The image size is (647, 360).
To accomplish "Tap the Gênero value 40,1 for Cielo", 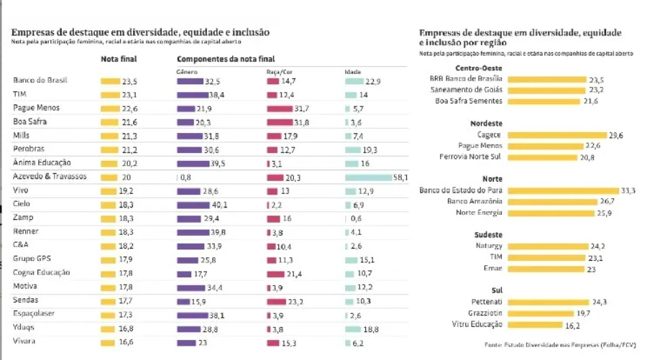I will [217, 205].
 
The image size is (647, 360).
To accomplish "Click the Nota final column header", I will [119, 58].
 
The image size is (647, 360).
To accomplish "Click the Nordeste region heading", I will [485, 124].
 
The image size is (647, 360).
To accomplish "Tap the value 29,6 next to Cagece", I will [596, 135].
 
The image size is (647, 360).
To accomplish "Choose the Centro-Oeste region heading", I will [479, 68].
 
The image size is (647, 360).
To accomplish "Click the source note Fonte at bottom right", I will [559, 345].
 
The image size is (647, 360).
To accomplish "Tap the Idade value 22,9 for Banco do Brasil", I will [372, 80].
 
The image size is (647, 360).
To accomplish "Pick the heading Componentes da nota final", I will [225, 58].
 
